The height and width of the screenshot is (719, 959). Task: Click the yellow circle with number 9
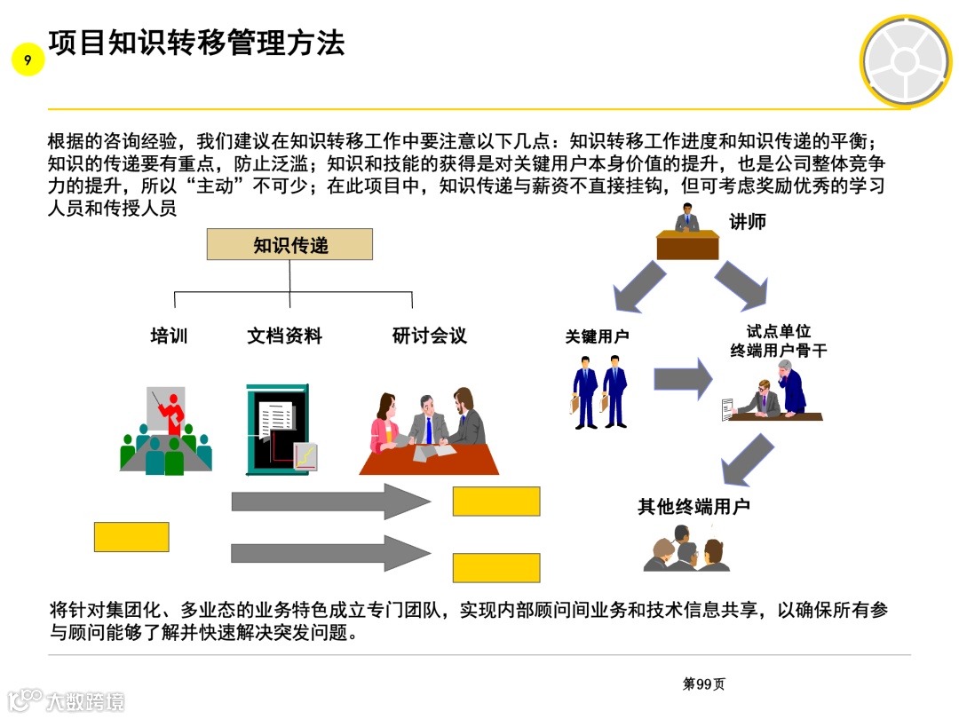click(x=28, y=60)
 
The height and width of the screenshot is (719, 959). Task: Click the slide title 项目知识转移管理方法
click(x=196, y=43)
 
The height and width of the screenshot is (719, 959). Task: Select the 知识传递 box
click(x=289, y=244)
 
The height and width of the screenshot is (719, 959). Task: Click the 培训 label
click(x=169, y=336)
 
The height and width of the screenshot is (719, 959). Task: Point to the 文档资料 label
click(x=284, y=336)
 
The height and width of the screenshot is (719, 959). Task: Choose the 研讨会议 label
click(x=429, y=336)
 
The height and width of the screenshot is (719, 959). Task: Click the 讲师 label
click(x=747, y=223)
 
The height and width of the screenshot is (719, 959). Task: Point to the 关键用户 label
click(x=597, y=337)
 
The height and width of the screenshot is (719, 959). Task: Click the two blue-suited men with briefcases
click(x=600, y=391)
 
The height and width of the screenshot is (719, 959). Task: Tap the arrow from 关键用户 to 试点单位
click(x=683, y=380)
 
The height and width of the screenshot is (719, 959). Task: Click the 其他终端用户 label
click(x=693, y=507)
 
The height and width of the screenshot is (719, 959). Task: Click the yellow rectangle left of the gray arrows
click(x=131, y=536)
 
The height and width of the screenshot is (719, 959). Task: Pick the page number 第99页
click(x=703, y=683)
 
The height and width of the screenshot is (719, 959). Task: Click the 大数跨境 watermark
click(x=67, y=701)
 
